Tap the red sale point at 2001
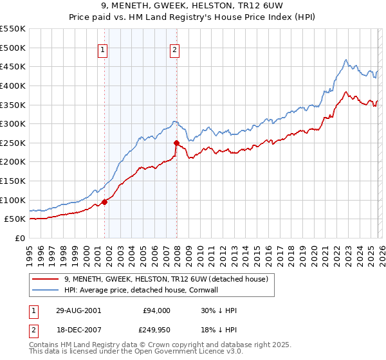(104, 202)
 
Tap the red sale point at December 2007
(176, 143)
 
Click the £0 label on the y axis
(21, 238)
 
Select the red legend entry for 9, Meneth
(170, 279)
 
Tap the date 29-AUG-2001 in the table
(78, 310)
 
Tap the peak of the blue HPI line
(346, 60)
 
